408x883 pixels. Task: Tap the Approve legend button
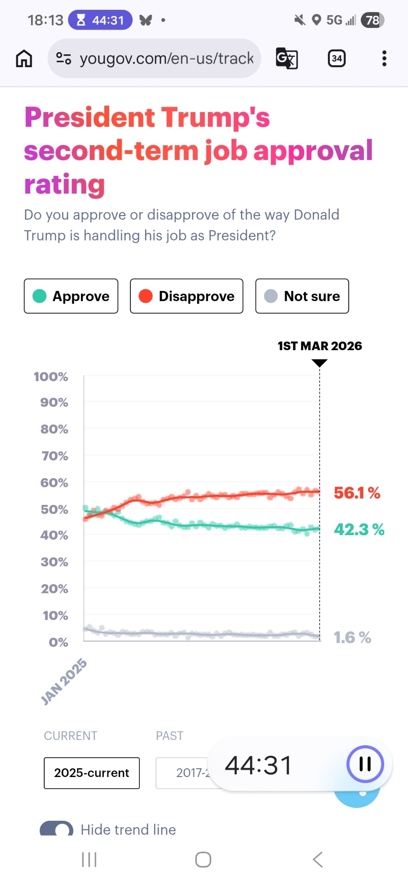(x=71, y=296)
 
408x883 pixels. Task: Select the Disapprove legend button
(x=187, y=296)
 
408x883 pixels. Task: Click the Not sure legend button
(x=302, y=296)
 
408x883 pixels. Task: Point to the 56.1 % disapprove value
(x=357, y=493)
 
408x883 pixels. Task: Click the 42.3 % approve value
(x=359, y=529)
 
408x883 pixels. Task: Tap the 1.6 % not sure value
(x=352, y=638)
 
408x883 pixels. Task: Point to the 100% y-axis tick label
(x=51, y=377)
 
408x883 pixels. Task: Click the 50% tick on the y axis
(x=54, y=509)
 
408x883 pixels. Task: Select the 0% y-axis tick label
(x=58, y=642)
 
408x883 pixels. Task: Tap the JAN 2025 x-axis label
(x=64, y=681)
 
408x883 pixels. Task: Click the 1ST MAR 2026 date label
(x=320, y=346)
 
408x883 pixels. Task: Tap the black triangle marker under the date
(x=319, y=363)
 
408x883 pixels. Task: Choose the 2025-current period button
(x=92, y=773)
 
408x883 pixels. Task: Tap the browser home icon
(x=24, y=58)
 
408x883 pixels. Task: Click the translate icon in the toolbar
(x=287, y=58)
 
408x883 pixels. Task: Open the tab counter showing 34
(x=337, y=58)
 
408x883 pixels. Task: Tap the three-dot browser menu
(x=384, y=58)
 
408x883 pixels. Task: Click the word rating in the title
(x=65, y=185)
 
